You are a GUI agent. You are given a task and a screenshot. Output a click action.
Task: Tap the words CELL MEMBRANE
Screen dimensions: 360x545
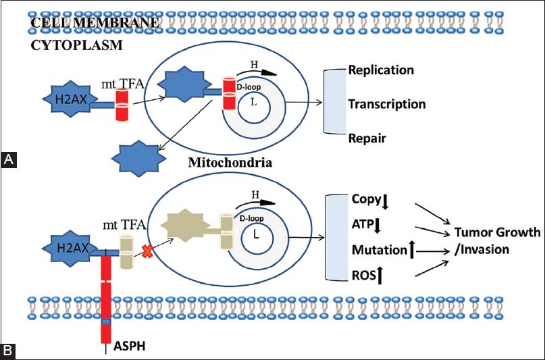point(95,22)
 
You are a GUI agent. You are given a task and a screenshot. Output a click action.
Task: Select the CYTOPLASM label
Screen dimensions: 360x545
point(76,46)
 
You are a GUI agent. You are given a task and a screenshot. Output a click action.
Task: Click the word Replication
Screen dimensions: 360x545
point(381,70)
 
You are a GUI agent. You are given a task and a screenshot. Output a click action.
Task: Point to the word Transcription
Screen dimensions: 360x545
point(387,104)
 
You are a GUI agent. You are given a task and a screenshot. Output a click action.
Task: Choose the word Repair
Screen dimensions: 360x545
point(367,138)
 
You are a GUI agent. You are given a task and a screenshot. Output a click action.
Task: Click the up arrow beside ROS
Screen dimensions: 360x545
point(383,275)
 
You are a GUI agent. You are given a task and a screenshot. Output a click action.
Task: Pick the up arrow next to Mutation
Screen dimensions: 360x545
point(412,251)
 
